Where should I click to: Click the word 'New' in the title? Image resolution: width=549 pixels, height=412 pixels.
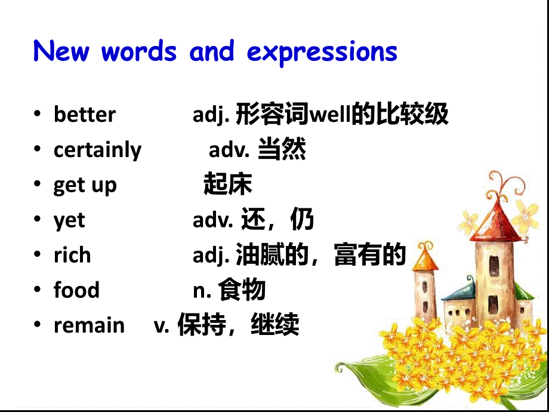61,52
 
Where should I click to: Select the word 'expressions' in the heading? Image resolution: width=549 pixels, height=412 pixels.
322,53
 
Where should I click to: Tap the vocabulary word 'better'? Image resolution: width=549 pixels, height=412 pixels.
85,115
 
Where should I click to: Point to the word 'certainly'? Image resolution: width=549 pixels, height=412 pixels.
97,150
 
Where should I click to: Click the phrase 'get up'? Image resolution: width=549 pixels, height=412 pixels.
85,186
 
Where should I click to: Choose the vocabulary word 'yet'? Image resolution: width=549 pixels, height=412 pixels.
69,221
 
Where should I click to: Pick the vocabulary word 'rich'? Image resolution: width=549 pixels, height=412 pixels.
72,256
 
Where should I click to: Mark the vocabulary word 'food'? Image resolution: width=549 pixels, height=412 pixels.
76,291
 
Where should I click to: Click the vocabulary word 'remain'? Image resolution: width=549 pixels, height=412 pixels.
89,326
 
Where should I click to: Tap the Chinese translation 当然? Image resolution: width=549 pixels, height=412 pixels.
282,150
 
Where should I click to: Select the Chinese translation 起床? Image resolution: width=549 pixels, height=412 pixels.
227,185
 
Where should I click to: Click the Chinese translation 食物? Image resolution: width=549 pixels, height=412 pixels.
242,291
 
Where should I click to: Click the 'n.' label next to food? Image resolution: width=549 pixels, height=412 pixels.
202,291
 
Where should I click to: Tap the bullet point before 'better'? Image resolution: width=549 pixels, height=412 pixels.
38,115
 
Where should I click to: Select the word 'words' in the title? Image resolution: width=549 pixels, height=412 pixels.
139,52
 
